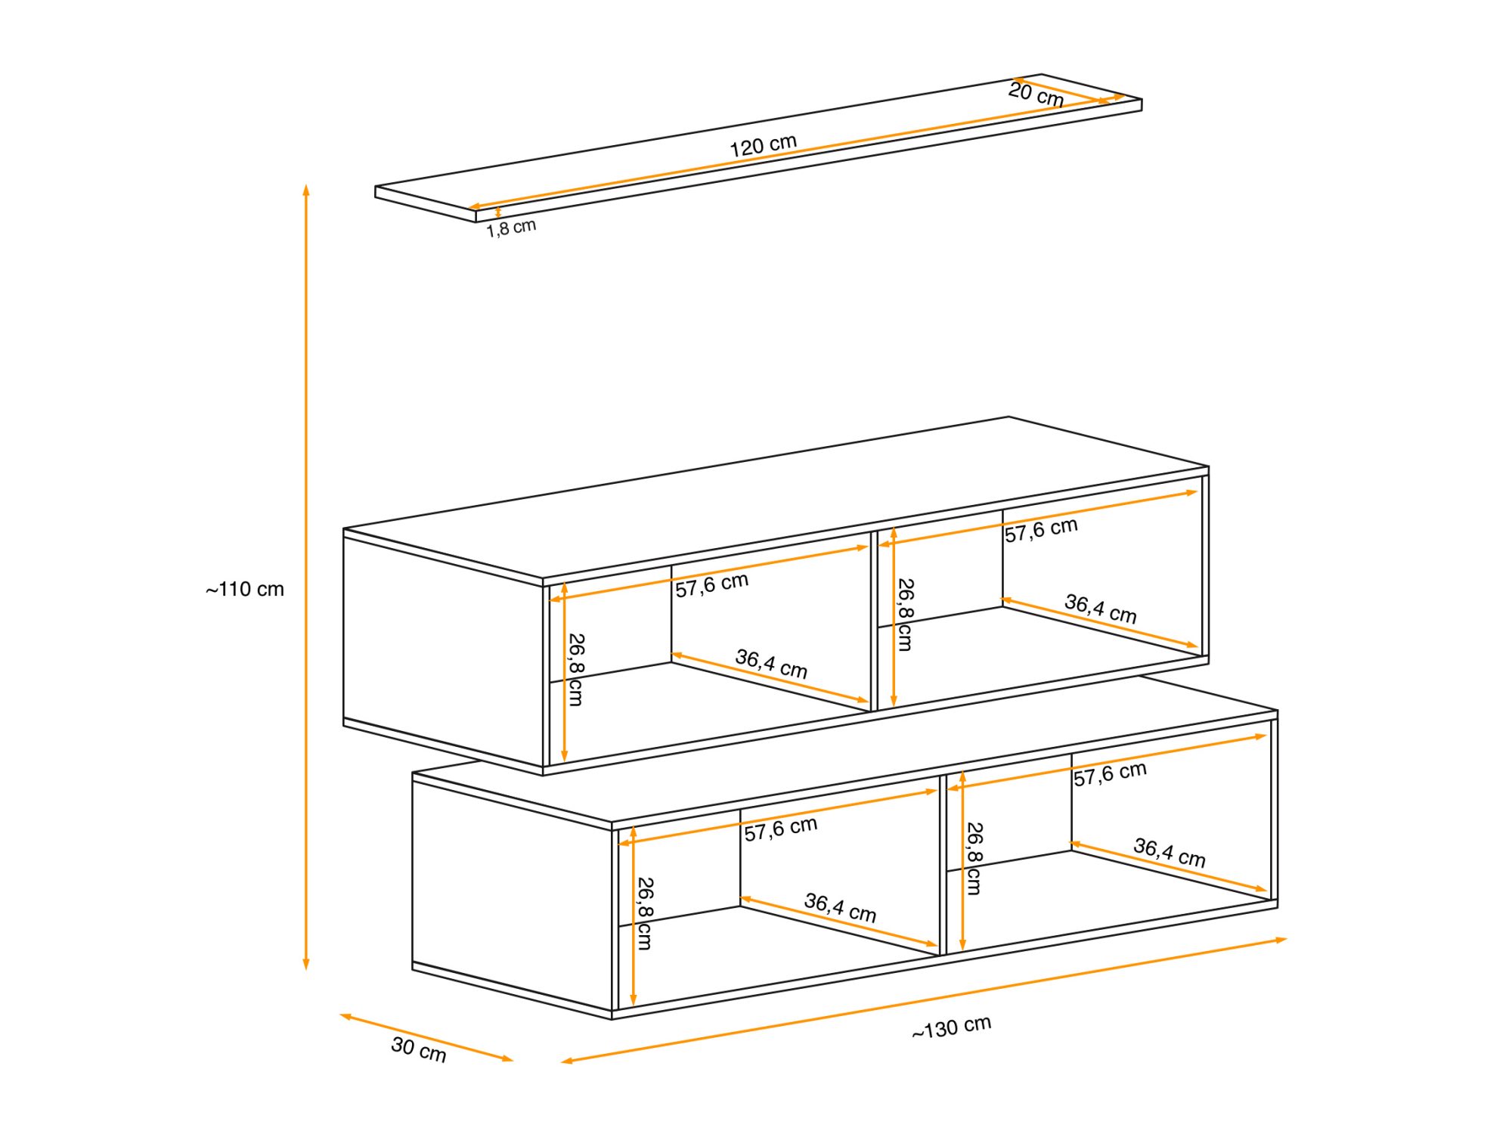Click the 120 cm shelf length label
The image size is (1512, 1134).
pyautogui.click(x=763, y=145)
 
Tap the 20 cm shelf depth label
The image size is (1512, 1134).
pyautogui.click(x=1036, y=94)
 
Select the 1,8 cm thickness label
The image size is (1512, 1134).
pyautogui.click(x=511, y=228)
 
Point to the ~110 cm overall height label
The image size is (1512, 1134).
pyautogui.click(x=244, y=589)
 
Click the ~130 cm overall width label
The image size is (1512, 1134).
pyautogui.click(x=951, y=1027)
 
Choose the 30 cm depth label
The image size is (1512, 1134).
pyautogui.click(x=418, y=1049)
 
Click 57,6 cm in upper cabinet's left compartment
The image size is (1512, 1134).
pyautogui.click(x=711, y=584)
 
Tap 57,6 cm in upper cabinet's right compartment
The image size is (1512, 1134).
pyautogui.click(x=1041, y=529)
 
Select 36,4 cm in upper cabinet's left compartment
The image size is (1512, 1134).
pyautogui.click(x=771, y=663)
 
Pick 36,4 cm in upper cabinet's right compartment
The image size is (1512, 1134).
pyautogui.click(x=1100, y=608)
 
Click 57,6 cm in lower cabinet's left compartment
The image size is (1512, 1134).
pyautogui.click(x=780, y=829)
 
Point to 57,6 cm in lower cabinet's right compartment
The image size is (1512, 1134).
pyautogui.click(x=1110, y=773)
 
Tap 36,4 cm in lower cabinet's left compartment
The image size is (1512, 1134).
pyautogui.click(x=840, y=907)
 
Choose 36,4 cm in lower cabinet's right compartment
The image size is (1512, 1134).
pyautogui.click(x=1169, y=852)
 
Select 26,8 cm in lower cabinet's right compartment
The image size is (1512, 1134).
pyautogui.click(x=974, y=859)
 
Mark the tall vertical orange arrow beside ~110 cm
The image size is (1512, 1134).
pyautogui.click(x=306, y=577)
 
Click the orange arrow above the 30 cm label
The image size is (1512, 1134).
pyautogui.click(x=426, y=1038)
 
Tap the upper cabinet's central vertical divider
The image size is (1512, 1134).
pyautogui.click(x=874, y=621)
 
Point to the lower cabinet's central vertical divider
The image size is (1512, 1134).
pyautogui.click(x=943, y=865)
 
